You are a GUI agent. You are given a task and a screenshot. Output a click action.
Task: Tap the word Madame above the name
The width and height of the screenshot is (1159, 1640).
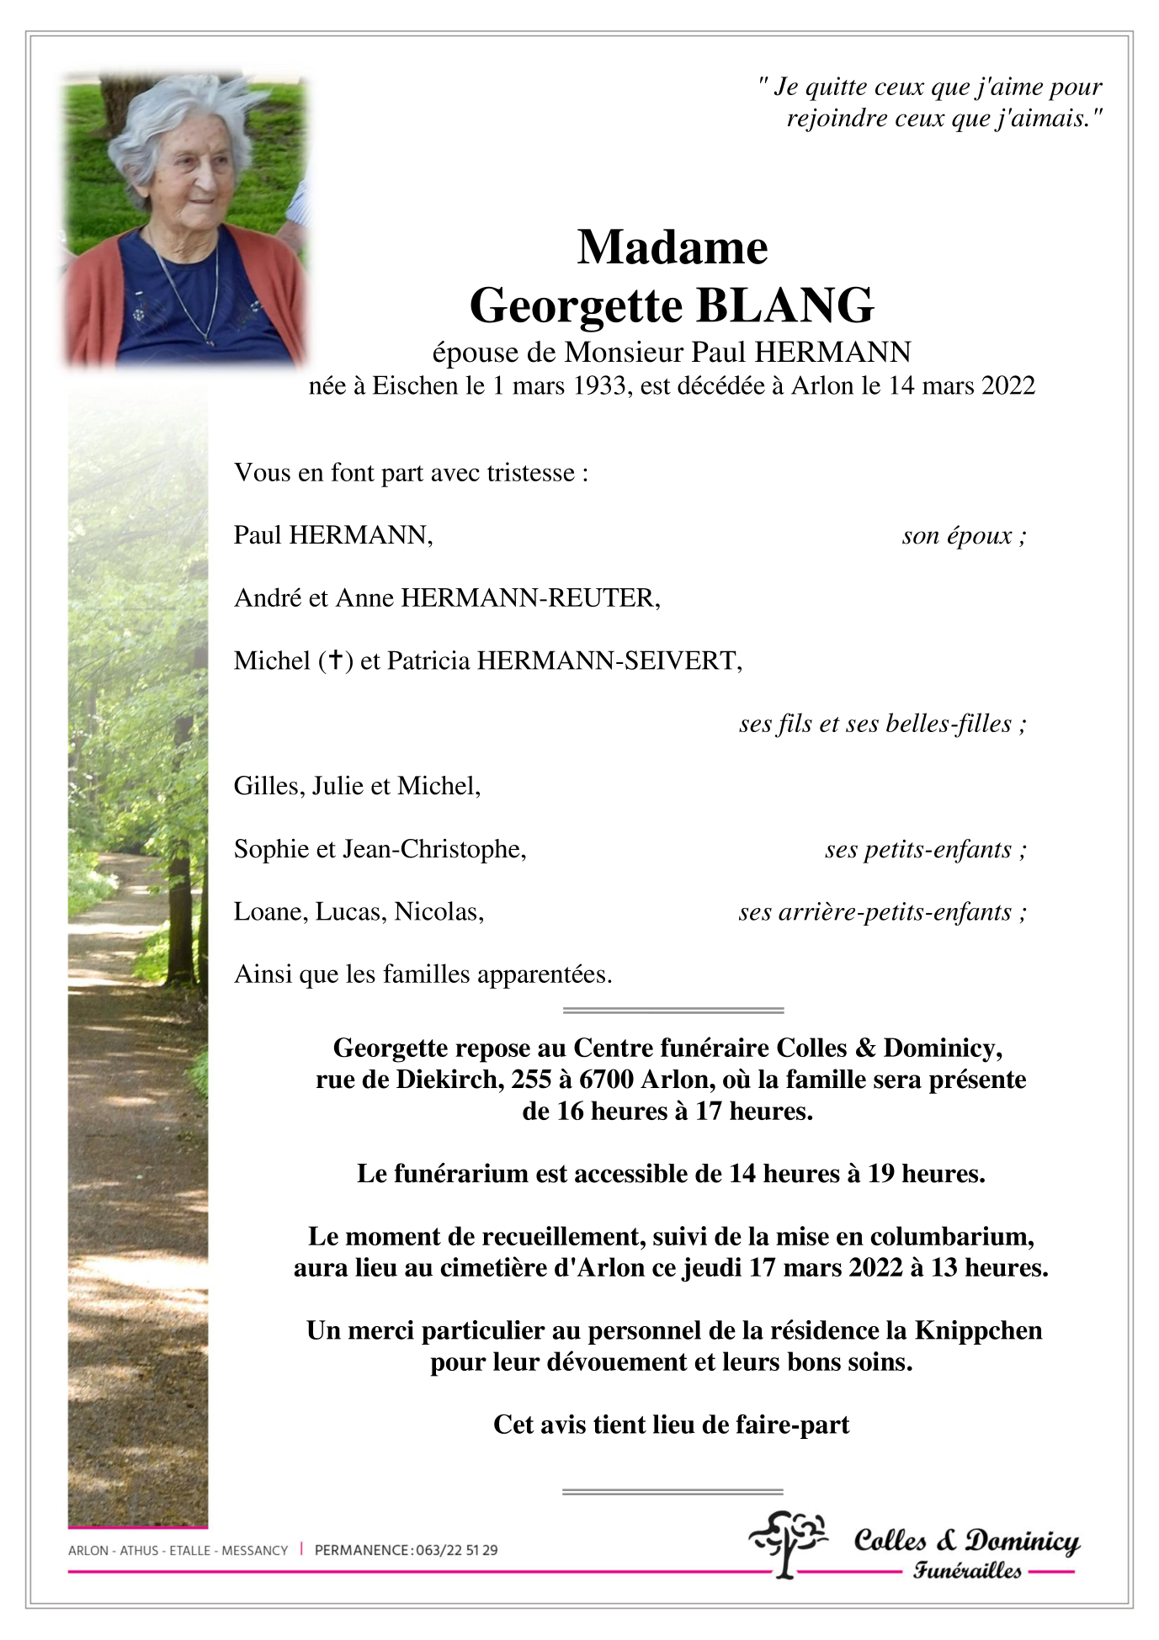(672, 248)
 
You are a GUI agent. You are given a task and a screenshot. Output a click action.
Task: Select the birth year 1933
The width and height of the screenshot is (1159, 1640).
(599, 386)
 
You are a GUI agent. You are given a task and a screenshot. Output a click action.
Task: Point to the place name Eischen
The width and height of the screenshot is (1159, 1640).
(416, 386)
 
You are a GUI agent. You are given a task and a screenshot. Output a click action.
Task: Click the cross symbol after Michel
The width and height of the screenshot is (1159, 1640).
(336, 661)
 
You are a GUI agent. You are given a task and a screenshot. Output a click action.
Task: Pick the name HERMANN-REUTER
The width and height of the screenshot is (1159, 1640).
(529, 598)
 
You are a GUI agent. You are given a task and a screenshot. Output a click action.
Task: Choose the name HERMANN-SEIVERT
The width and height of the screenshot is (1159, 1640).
(608, 661)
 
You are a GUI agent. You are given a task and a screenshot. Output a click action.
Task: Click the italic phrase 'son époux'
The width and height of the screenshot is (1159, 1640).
(957, 536)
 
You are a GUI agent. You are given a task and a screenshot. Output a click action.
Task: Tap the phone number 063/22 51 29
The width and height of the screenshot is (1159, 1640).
(456, 1550)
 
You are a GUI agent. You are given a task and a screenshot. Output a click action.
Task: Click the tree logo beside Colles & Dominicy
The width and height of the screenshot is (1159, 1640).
(788, 1542)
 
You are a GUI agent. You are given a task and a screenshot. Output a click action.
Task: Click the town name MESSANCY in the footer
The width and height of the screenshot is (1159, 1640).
(255, 1550)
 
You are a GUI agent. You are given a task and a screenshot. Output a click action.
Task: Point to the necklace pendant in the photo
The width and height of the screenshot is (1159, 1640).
(210, 341)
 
